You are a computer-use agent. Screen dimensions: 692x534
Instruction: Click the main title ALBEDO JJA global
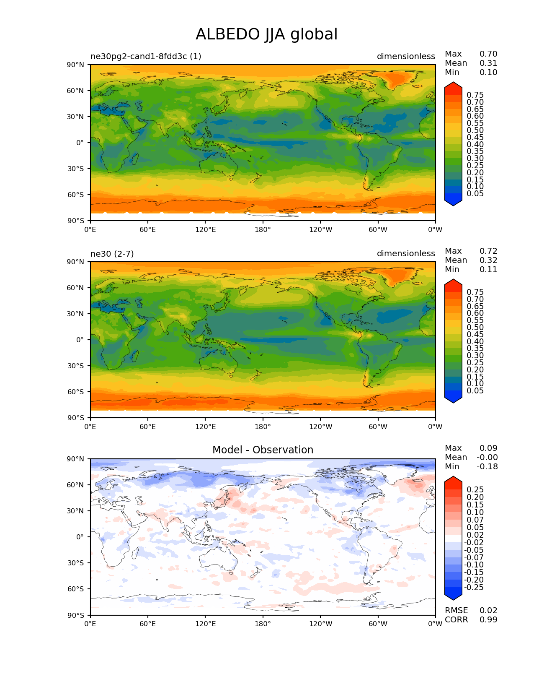click(266, 34)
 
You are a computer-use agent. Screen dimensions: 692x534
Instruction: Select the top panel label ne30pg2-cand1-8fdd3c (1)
click(146, 56)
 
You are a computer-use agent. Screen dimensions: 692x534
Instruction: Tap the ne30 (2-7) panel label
click(112, 254)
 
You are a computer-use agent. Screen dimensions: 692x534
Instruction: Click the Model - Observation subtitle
click(263, 450)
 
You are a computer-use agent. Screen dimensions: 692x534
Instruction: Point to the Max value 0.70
click(488, 54)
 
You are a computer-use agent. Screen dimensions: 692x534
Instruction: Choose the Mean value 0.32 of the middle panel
click(488, 260)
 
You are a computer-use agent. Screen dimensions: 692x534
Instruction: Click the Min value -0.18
click(487, 467)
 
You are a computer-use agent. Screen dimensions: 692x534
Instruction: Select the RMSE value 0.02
click(488, 611)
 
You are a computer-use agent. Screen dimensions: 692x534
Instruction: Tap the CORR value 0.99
click(488, 620)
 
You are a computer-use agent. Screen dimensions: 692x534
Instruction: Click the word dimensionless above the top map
click(405, 56)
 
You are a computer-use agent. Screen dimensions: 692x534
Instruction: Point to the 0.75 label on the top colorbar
click(475, 95)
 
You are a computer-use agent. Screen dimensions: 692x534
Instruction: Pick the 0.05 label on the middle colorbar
click(475, 391)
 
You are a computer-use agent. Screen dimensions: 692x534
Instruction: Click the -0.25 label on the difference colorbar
click(474, 588)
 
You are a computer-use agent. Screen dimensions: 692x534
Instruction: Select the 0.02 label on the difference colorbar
click(475, 535)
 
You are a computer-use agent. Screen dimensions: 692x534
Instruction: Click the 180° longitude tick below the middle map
click(263, 427)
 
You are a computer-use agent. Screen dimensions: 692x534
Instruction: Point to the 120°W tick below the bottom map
click(320, 624)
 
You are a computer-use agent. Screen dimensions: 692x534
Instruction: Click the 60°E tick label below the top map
click(148, 230)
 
